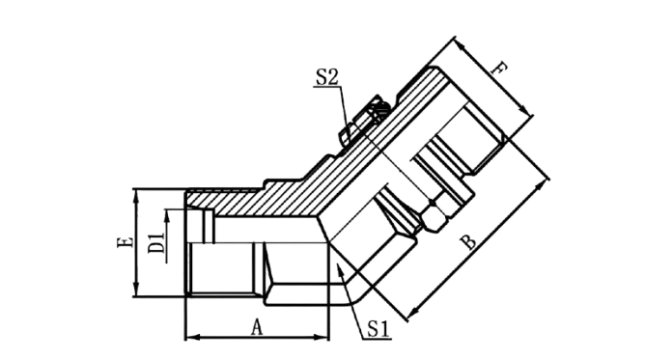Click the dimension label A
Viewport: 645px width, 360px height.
tap(257, 327)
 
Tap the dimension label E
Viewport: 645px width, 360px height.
tap(126, 241)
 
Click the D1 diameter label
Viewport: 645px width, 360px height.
tap(155, 243)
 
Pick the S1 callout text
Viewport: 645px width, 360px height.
tap(379, 329)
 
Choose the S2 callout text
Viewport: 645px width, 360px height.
tap(326, 76)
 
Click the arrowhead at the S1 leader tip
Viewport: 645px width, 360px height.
tap(339, 270)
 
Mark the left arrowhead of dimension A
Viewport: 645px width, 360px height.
tap(192, 338)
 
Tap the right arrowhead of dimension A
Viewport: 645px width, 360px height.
tap(322, 338)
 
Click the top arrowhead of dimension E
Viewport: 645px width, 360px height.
tap(136, 196)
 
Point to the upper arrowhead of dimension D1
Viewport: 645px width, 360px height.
tap(167, 216)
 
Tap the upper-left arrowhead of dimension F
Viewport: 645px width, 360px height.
tap(462, 46)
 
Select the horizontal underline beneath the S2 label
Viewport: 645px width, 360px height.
tap(326, 87)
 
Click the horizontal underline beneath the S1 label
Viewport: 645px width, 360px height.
tap(378, 340)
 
